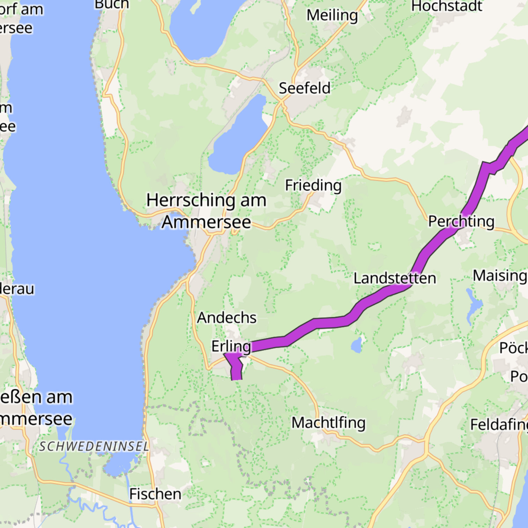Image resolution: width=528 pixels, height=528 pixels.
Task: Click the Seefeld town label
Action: click(305, 88)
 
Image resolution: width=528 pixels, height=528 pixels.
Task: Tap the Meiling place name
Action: click(332, 15)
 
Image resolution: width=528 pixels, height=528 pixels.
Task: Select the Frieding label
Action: click(313, 185)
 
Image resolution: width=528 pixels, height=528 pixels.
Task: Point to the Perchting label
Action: click(461, 221)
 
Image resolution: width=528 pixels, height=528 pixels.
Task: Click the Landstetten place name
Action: click(395, 278)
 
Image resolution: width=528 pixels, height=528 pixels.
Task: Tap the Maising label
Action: click(500, 276)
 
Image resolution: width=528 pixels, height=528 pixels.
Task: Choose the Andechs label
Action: click(227, 318)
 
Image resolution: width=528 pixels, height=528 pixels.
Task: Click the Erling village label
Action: click(231, 346)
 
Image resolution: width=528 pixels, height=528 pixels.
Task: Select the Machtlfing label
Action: click(329, 423)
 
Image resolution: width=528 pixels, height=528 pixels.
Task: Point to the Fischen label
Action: click(155, 494)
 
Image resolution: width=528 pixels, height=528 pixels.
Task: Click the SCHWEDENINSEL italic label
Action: click(94, 446)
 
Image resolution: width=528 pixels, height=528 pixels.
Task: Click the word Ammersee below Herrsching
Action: click(206, 222)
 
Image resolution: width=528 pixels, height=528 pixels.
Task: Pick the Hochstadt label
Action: click(447, 6)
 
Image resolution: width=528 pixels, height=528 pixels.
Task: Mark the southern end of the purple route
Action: click(236, 378)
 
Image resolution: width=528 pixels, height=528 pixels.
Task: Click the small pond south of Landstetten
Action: click(357, 345)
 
